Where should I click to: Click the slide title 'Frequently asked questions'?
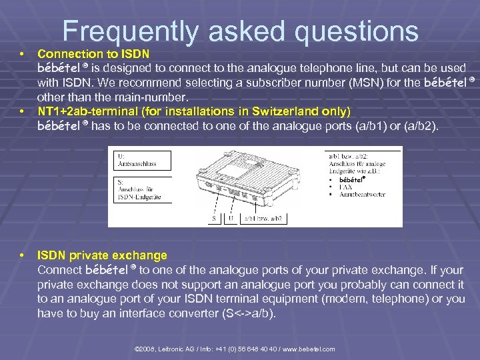240,31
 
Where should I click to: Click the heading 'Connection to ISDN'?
93,53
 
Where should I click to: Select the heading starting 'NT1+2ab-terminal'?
193,111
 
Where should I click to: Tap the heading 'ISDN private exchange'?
102,255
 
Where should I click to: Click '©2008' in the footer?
145,349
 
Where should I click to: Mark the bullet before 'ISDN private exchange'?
23,255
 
